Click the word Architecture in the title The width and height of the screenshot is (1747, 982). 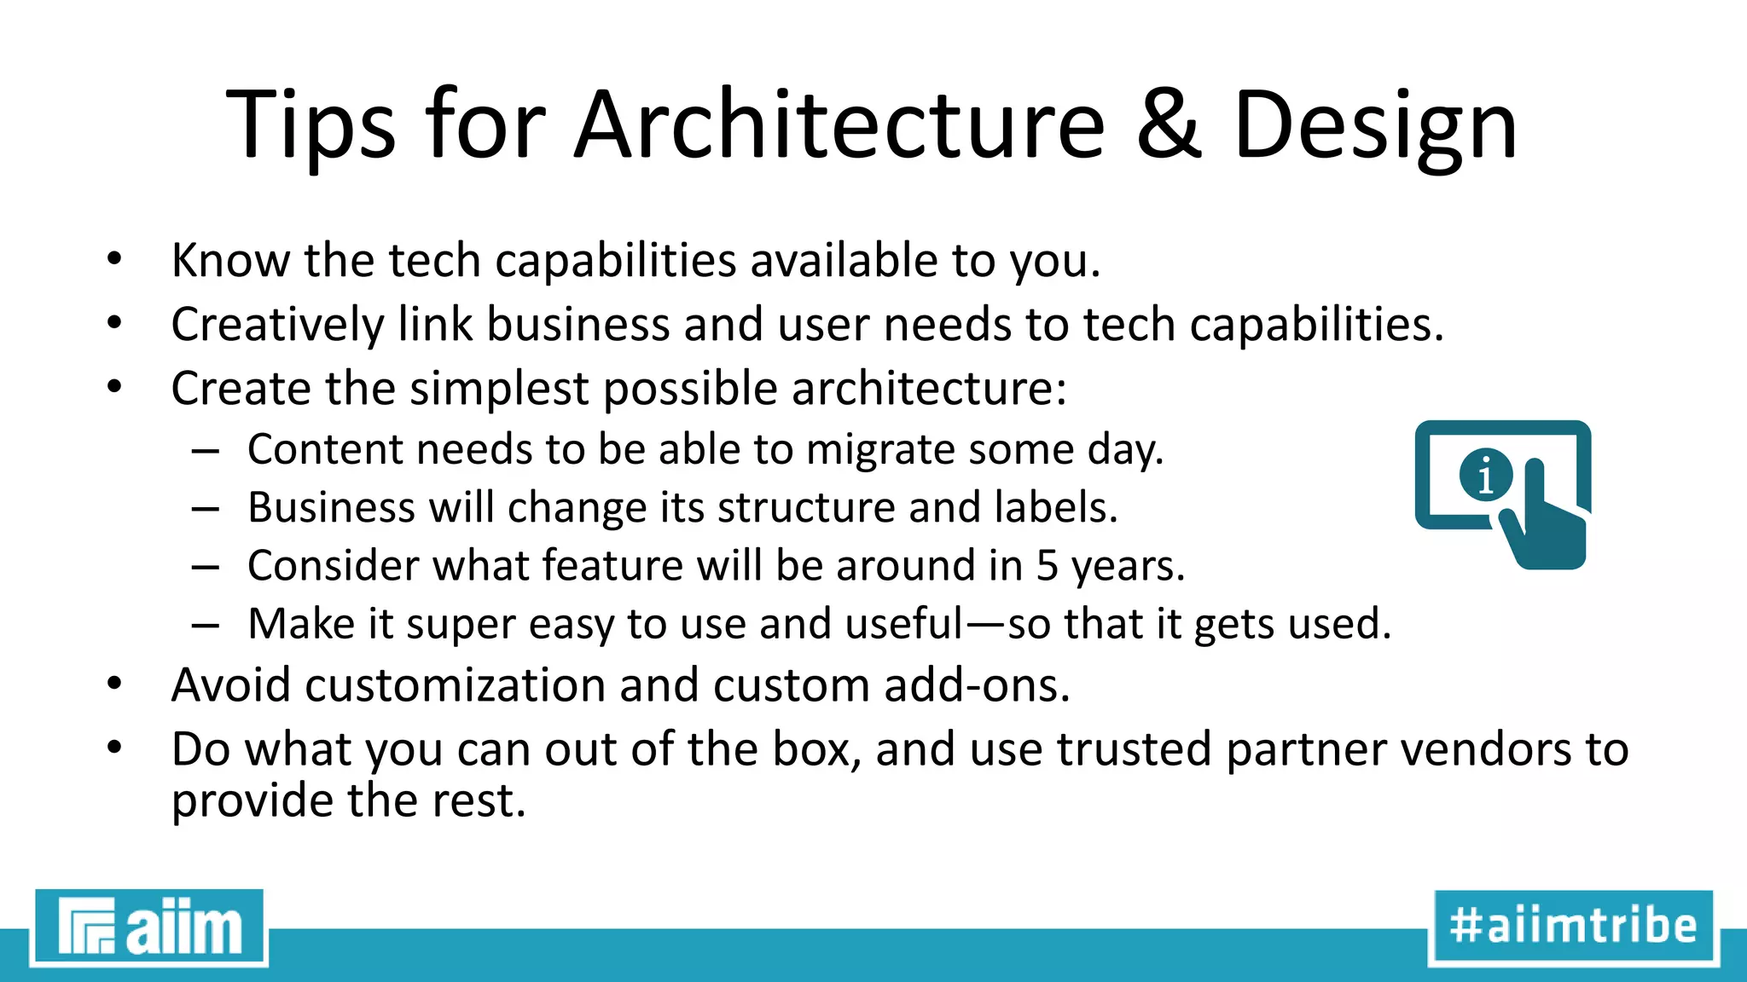(x=839, y=124)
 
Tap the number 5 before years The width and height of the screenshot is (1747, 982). (x=1047, y=566)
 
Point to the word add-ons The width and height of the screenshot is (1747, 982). (x=977, y=685)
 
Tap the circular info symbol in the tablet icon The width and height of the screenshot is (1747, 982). (x=1485, y=475)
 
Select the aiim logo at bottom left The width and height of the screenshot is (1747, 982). (x=149, y=927)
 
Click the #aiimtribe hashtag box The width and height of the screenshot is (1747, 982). (x=1573, y=927)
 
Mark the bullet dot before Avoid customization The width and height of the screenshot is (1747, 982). (x=115, y=684)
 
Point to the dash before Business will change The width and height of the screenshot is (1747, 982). (x=206, y=509)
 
